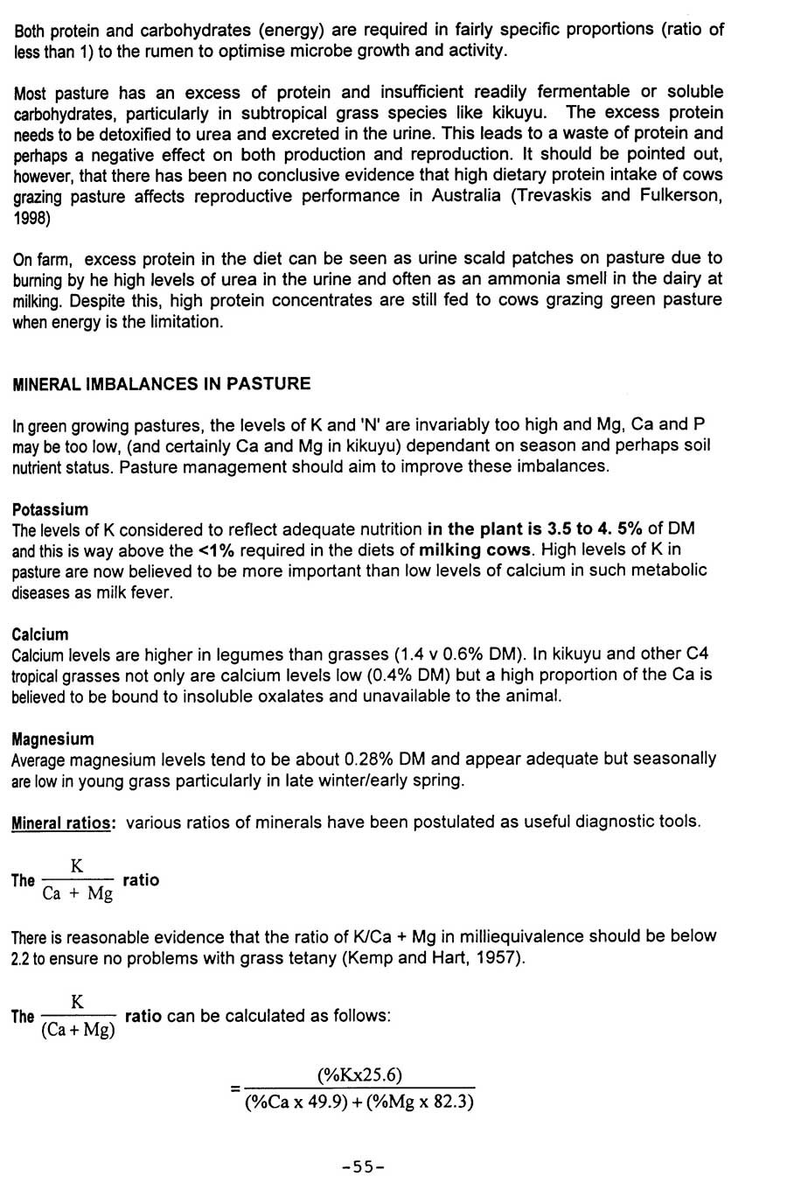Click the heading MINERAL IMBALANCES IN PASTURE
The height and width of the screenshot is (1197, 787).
click(x=161, y=383)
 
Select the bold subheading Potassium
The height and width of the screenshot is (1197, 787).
click(x=50, y=509)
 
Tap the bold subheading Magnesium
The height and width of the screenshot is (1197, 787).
click(x=52, y=738)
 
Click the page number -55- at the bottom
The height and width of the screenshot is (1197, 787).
click(x=364, y=1166)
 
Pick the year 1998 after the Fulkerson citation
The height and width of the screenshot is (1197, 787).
click(x=31, y=218)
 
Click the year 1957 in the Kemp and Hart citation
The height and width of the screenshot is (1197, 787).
click(x=498, y=957)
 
